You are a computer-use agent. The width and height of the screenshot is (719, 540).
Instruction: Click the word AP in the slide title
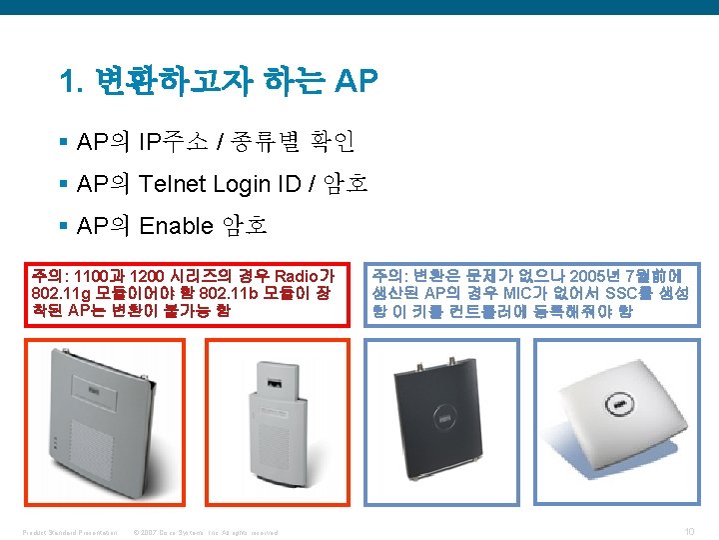357,82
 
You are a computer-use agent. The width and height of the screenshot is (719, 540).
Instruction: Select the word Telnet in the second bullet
174,183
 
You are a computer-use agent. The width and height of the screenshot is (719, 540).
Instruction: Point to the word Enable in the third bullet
175,225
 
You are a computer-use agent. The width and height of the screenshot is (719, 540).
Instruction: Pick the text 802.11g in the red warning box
59,293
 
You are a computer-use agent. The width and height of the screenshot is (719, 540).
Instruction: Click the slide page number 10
688,530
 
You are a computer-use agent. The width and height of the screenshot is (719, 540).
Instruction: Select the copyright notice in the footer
204,531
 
